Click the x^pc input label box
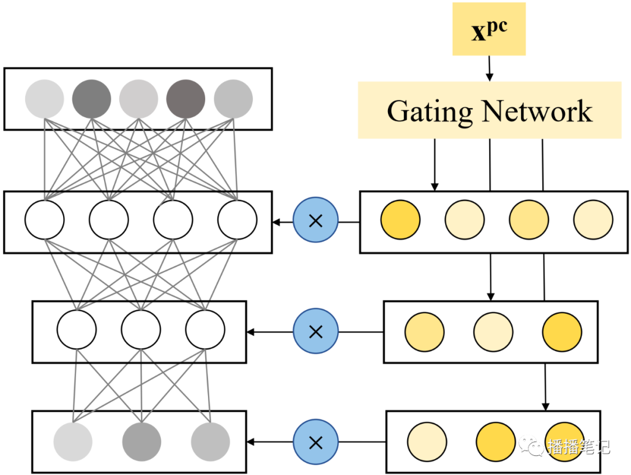click(489, 29)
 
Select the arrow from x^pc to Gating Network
click(490, 69)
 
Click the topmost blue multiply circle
click(315, 221)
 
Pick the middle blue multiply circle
click(315, 332)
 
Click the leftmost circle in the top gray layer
click(44, 99)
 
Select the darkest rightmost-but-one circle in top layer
click(186, 99)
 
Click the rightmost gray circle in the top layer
click(233, 99)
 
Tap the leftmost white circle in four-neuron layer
click(44, 220)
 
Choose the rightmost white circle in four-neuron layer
click(237, 220)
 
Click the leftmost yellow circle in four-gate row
click(400, 220)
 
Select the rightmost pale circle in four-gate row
click(593, 220)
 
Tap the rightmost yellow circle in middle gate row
click(562, 331)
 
